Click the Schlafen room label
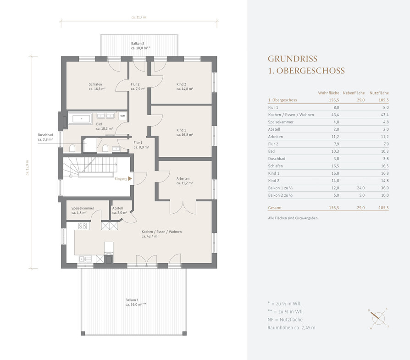95,84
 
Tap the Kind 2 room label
181,84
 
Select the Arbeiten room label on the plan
183,178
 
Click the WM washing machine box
122,116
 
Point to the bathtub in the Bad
80,119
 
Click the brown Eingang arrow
130,178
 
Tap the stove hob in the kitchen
83,226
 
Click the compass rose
378,318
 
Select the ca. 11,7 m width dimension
139,17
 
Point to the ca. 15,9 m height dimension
28,167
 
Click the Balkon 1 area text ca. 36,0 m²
136,305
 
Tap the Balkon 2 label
138,44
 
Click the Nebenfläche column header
354,93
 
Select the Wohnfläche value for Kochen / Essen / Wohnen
335,115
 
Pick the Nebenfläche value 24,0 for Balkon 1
361,188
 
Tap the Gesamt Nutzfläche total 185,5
383,208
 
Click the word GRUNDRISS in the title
293,59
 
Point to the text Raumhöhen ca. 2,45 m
291,327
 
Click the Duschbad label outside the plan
45,135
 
